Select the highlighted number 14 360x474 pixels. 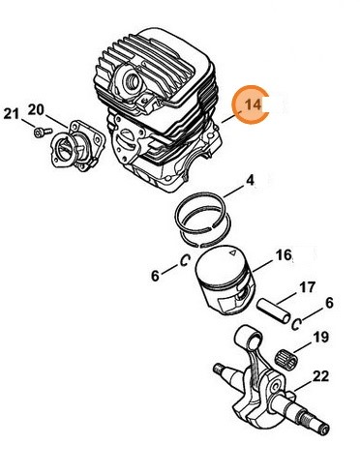click(x=254, y=104)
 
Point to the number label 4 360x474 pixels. click(x=249, y=180)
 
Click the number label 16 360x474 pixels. click(x=284, y=255)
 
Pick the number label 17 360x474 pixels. click(x=306, y=287)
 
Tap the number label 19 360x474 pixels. click(x=320, y=340)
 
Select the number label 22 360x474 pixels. click(x=320, y=375)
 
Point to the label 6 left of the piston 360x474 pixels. click(x=154, y=276)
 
